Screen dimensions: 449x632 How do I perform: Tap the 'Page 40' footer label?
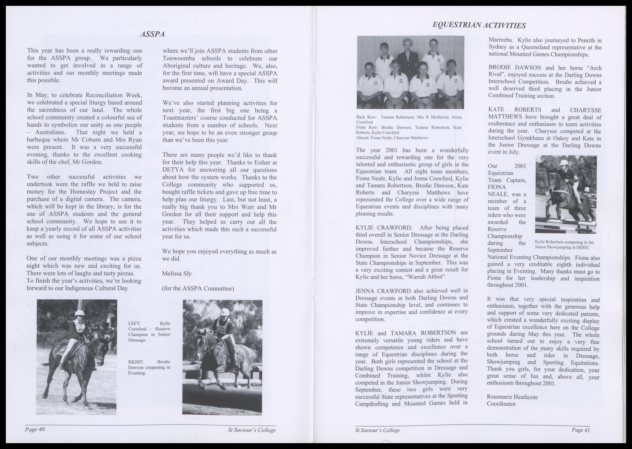point(35,429)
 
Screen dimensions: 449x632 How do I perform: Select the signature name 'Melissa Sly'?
point(177,273)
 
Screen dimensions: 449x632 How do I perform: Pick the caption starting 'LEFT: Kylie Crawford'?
point(149,331)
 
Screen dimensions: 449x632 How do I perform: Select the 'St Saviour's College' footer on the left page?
point(252,430)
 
